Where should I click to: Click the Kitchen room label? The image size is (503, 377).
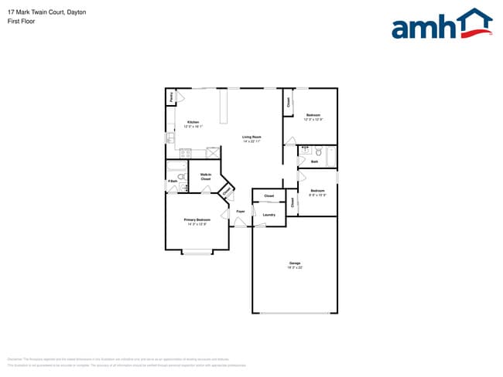193,122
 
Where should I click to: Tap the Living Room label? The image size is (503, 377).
251,137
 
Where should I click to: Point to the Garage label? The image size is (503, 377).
295,263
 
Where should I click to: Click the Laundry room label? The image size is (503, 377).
269,215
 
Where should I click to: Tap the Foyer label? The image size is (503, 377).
241,211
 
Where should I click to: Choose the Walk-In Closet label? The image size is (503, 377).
206,177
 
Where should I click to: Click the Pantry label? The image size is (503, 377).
170,97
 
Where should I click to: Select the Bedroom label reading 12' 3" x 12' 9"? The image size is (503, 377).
313,115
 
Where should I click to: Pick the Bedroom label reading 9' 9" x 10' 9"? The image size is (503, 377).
317,191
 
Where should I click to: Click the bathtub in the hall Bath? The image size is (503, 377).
331,157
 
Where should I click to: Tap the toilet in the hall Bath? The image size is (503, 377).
318,152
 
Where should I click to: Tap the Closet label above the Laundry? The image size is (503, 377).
269,196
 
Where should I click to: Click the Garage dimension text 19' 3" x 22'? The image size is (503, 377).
295,267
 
